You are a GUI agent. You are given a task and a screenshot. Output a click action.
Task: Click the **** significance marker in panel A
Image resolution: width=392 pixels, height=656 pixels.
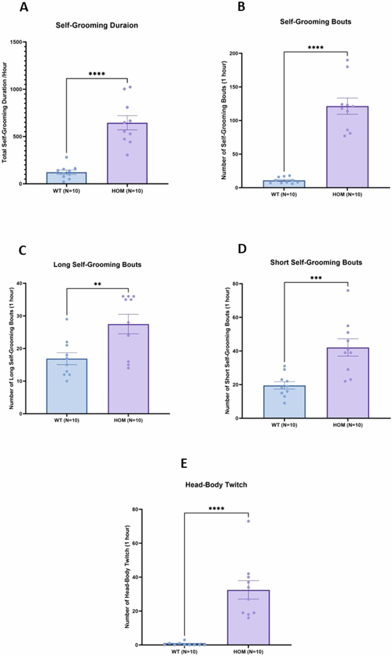97,74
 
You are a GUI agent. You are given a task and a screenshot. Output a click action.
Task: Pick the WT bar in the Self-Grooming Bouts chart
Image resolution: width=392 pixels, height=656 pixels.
284,184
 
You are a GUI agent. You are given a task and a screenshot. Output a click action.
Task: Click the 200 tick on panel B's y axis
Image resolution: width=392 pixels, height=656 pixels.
241,53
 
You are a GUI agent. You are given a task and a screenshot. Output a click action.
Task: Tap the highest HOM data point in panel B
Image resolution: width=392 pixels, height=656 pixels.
347,60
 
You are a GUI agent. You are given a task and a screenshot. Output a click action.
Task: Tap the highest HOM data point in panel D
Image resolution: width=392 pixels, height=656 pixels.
347,291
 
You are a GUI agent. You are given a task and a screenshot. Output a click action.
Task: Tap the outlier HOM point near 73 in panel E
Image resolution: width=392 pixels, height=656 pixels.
248,521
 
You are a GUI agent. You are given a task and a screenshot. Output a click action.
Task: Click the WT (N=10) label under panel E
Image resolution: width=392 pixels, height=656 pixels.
184,651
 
